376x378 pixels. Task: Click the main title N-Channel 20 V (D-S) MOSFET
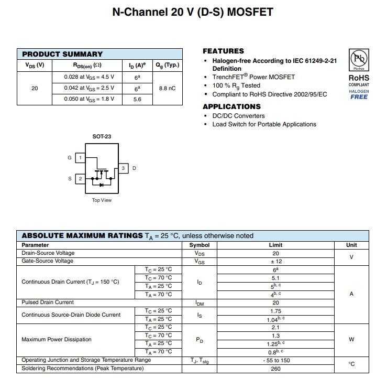pos(193,12)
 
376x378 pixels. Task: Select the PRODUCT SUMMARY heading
pos(62,54)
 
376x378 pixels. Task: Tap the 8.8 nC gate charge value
pos(167,88)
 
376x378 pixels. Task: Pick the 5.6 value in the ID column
pos(137,99)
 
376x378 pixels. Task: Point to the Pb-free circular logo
pos(359,58)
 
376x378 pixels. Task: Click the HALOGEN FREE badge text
pos(359,94)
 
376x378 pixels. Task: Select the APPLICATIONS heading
pos(231,106)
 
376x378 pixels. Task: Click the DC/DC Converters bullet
pos(238,116)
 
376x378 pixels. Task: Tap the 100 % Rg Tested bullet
pos(236,85)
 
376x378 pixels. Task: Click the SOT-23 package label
pos(102,136)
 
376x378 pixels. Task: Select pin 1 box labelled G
pos(80,157)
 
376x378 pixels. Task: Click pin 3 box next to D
pos(123,168)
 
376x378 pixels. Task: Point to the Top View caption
pos(102,200)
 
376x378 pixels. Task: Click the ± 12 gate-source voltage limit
pos(275,261)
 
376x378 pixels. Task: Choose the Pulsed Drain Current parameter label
pos(48,303)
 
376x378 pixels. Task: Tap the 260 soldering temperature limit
pos(275,369)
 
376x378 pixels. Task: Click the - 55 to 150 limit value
pos(275,360)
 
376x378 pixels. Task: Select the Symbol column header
pos(200,245)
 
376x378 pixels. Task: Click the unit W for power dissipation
pos(351,339)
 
